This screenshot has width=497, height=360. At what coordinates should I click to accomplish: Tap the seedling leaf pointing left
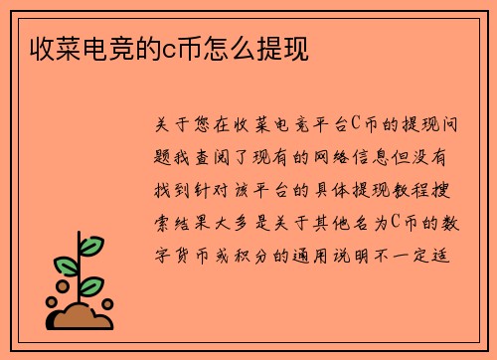click(65, 266)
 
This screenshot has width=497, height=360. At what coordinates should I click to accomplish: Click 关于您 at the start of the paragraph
click(181, 125)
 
